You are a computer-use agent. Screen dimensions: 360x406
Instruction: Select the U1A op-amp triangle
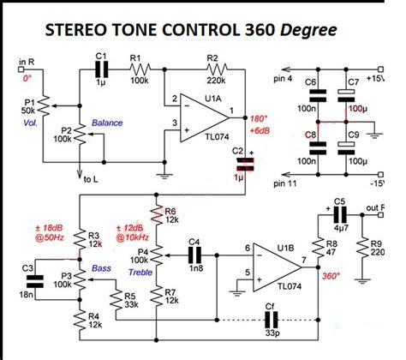point(195,117)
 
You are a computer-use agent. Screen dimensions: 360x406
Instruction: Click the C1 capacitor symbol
point(102,72)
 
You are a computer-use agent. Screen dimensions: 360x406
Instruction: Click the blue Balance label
point(106,123)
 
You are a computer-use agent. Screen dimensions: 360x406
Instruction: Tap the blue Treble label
point(141,272)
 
